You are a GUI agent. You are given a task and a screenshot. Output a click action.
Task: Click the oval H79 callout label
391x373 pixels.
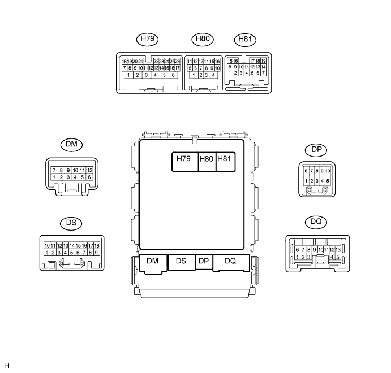pos(147,40)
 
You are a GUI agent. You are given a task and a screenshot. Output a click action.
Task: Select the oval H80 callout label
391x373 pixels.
pos(203,40)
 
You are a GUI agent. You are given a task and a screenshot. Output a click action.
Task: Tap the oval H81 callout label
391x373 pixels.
pos(245,40)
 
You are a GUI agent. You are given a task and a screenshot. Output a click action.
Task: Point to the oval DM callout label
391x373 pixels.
pos(71,145)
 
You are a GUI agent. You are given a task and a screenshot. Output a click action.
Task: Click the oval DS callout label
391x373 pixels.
pos(71,223)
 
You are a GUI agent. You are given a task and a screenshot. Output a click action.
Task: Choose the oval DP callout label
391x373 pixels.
pos(316,150)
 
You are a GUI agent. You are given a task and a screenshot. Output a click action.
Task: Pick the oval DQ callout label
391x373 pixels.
pos(316,222)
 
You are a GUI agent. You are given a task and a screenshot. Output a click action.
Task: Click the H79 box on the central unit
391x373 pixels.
pos(185,162)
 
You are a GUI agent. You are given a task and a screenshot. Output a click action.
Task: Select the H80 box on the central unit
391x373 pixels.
pos(207,162)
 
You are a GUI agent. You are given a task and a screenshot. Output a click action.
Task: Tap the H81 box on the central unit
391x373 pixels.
pos(225,162)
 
